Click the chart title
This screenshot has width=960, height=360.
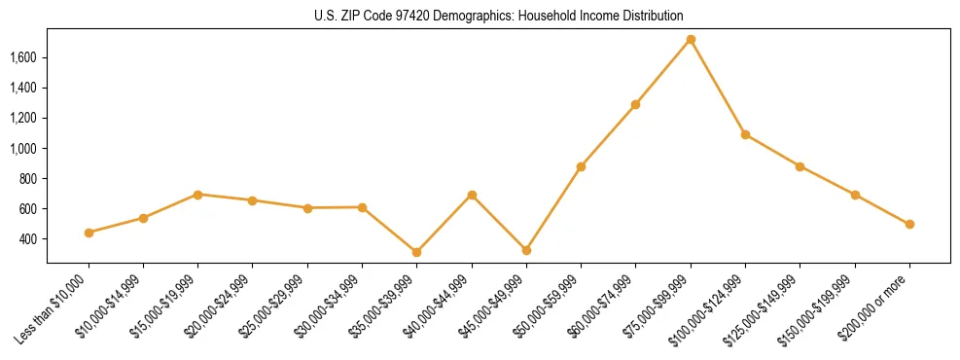tap(499, 16)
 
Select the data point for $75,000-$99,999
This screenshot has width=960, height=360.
tap(691, 40)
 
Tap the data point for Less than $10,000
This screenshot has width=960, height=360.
tap(89, 233)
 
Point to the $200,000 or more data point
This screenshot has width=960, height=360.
tap(909, 224)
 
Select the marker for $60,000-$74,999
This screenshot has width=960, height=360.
tap(635, 104)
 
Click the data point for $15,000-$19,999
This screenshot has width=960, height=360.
tap(197, 195)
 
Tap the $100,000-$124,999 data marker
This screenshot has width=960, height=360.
tap(745, 134)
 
